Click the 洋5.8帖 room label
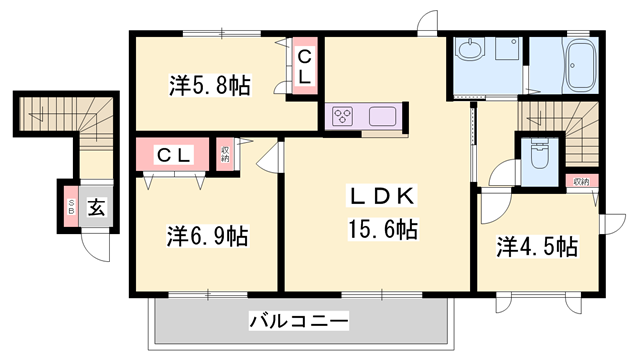tap(210, 85)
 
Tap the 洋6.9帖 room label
tap(207, 237)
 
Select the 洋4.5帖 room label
tap(538, 245)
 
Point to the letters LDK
tap(376, 194)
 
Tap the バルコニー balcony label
tap(298, 321)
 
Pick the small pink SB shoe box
tap(71, 209)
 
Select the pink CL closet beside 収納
tap(176, 155)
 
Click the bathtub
tap(581, 65)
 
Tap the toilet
tap(539, 155)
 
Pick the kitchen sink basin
tap(384, 116)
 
